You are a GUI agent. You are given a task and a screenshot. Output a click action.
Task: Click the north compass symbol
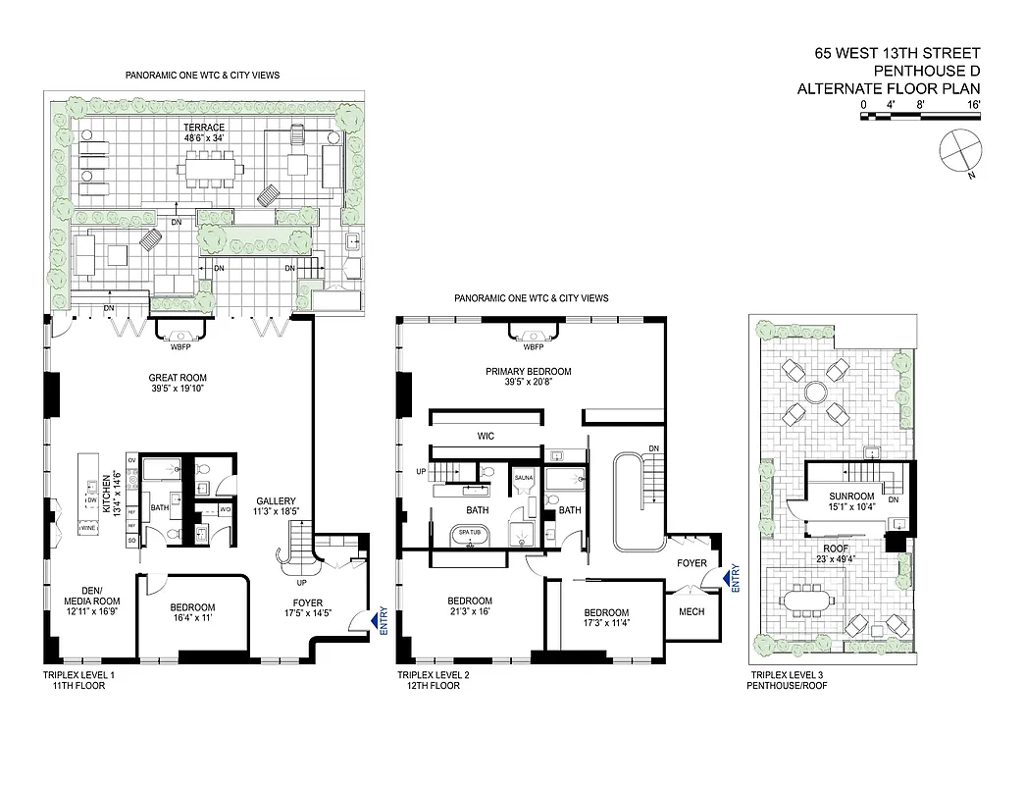pos(957,151)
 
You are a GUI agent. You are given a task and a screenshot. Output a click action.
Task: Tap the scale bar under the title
pos(919,116)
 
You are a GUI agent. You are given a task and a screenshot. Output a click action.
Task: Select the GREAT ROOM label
pos(177,383)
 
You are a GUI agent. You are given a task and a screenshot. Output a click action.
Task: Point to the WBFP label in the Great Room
pos(179,344)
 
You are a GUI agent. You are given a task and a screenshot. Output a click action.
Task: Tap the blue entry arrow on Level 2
pos(728,579)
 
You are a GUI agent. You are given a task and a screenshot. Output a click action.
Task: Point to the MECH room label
pos(692,611)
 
